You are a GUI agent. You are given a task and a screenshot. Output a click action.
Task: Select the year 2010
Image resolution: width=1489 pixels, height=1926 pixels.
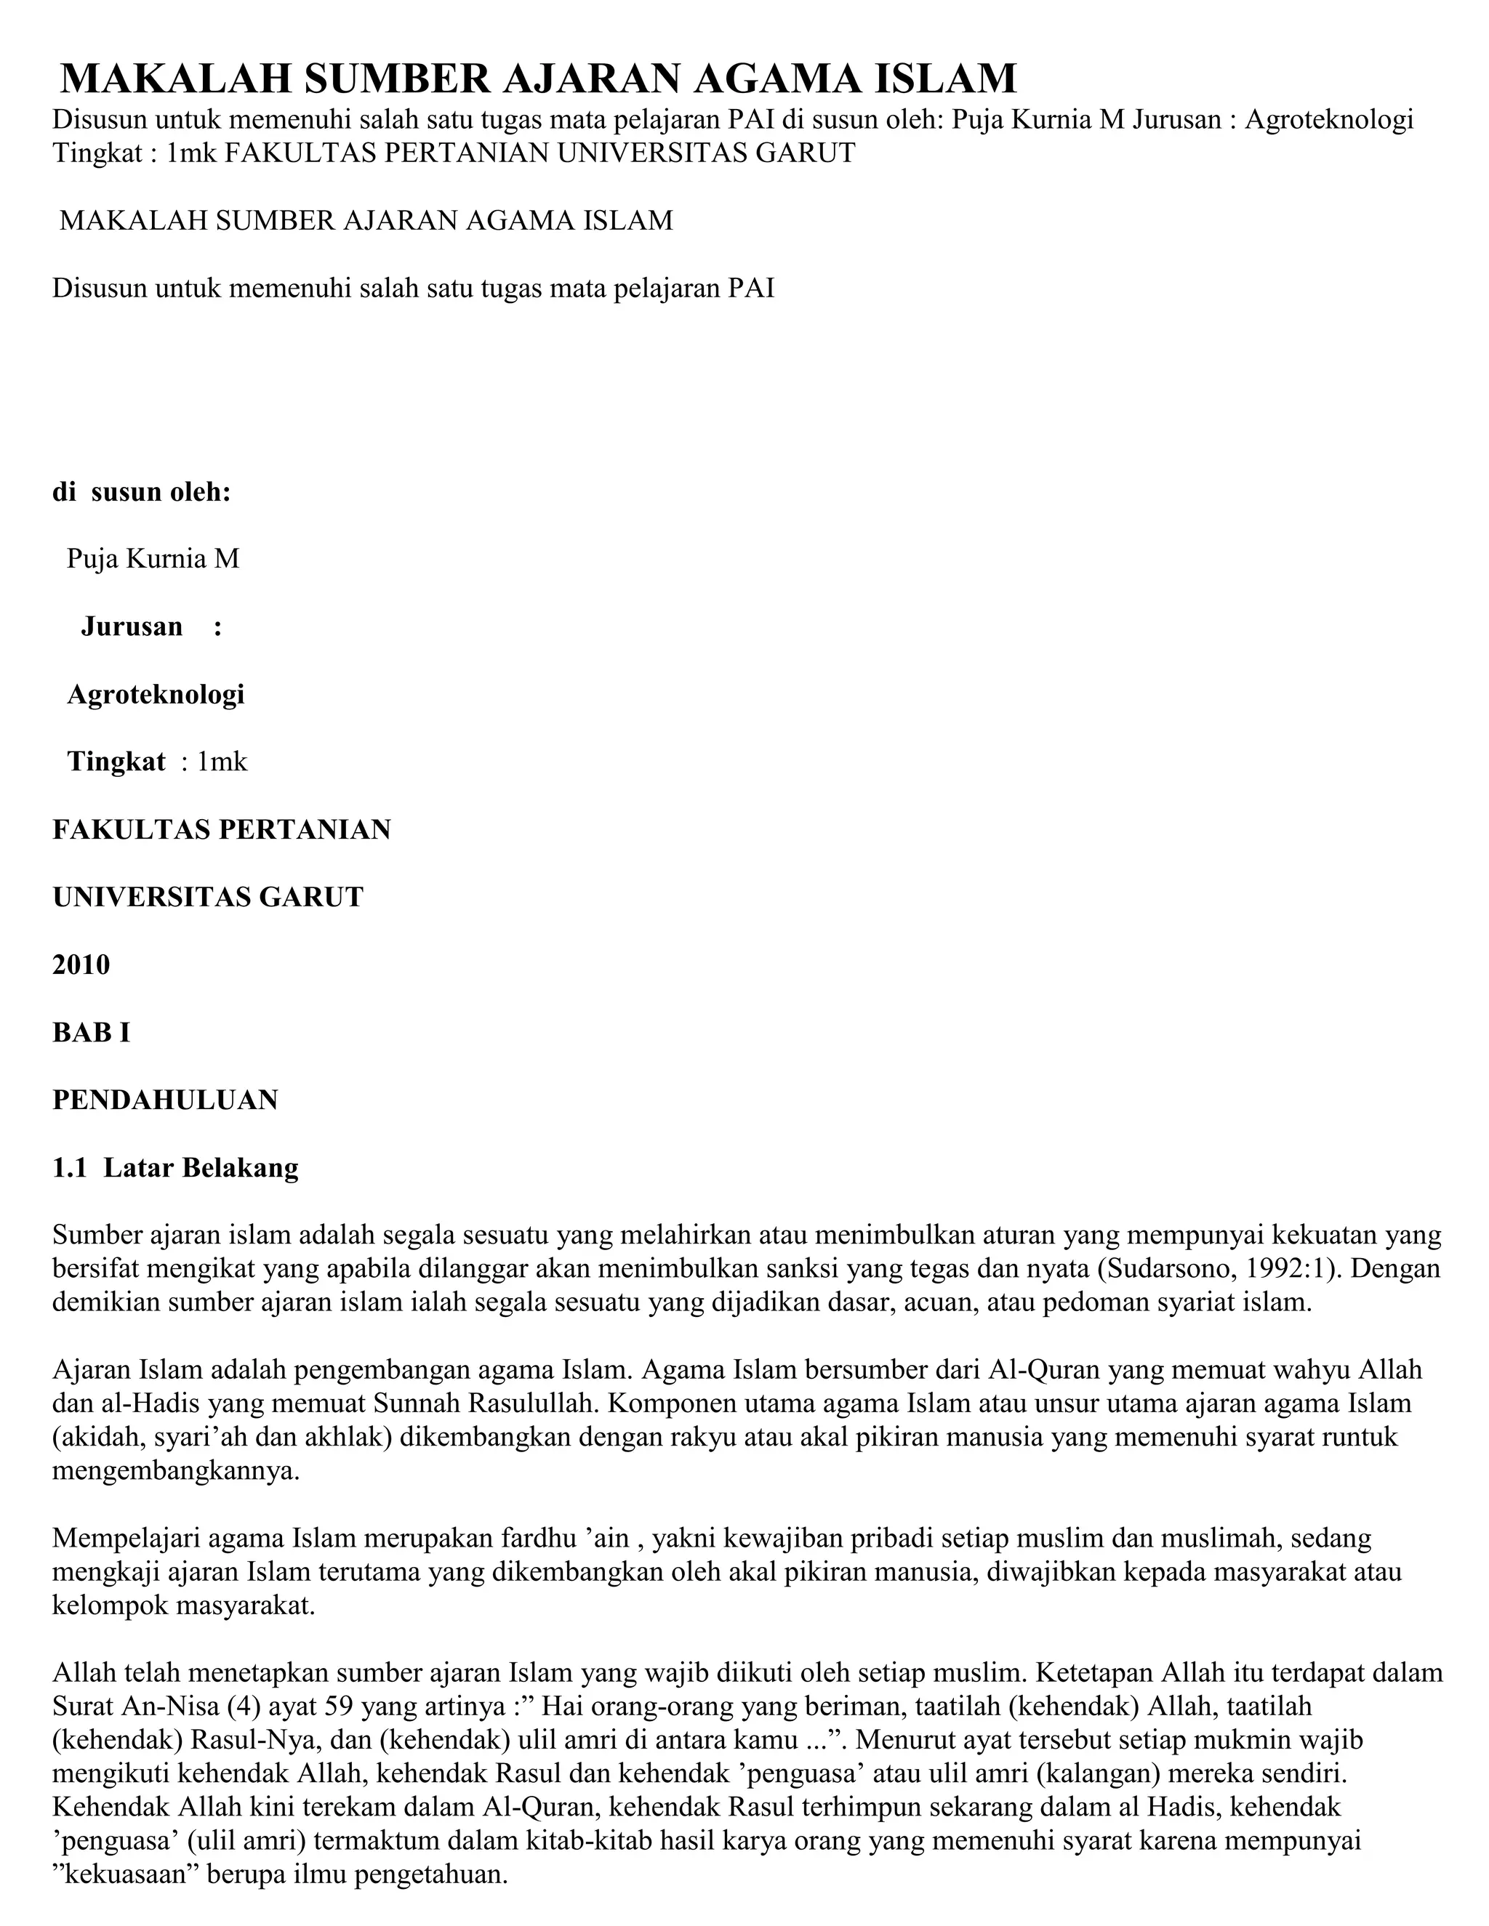coord(81,964)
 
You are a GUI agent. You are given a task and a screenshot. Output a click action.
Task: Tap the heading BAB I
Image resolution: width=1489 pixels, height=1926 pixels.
coord(91,1032)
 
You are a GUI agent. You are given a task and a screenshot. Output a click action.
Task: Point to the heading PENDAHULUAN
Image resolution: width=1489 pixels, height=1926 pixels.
coord(165,1100)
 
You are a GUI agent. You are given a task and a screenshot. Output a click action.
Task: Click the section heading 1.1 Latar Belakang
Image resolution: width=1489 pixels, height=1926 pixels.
coord(175,1168)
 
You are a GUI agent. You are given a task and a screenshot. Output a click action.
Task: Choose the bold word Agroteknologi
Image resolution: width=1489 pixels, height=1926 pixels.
coord(156,694)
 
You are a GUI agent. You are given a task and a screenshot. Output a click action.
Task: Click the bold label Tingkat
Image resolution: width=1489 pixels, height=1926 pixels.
coord(116,761)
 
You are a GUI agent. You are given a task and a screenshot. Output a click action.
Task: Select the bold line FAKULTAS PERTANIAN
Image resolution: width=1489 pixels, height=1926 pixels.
coord(222,830)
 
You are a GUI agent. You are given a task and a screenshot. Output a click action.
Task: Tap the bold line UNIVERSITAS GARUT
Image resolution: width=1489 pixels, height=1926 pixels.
coord(208,897)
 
